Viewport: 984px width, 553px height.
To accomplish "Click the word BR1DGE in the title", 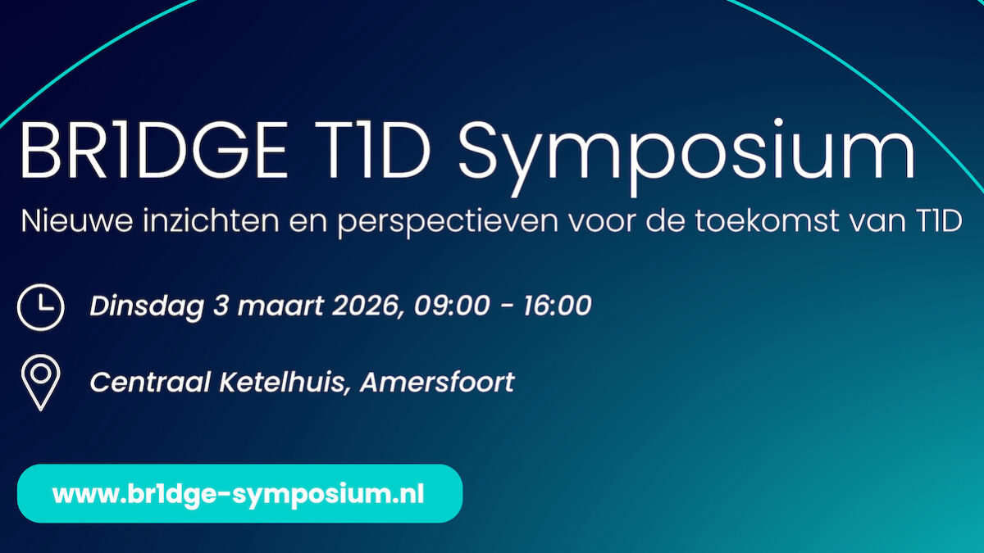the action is tap(153, 150).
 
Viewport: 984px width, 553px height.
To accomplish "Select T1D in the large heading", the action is tap(372, 150).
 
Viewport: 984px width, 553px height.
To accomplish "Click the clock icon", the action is tap(41, 307).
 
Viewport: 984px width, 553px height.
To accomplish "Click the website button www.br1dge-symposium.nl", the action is tap(239, 493).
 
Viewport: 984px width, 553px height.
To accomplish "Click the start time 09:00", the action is tap(452, 306).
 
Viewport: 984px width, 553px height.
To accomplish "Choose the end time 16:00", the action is tap(558, 306).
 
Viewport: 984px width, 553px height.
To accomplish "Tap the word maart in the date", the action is tap(280, 306).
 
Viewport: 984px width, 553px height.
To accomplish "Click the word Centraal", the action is tap(150, 382).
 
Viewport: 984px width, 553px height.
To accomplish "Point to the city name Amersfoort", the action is tap(437, 382).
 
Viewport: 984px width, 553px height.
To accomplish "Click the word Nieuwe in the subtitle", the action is tap(77, 220).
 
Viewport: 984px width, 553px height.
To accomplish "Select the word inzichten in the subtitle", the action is tap(211, 220).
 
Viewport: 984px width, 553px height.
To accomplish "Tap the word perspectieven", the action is tap(448, 223).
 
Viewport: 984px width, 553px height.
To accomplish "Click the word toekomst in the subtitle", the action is tap(768, 220).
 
